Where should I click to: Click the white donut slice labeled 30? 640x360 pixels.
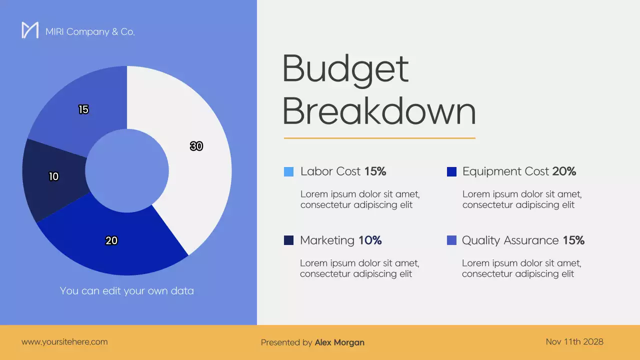[x=200, y=150]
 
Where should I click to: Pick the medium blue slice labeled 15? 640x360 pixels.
[x=83, y=110]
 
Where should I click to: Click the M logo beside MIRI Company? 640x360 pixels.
[x=30, y=30]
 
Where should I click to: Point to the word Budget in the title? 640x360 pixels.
[x=345, y=68]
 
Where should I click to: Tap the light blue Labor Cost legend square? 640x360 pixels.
[x=288, y=171]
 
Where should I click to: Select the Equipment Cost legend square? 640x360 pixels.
[x=451, y=171]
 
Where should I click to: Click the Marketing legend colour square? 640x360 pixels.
[x=288, y=240]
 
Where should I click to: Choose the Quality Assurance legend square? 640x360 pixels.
[x=451, y=240]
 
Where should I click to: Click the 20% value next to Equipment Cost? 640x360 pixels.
[x=564, y=171]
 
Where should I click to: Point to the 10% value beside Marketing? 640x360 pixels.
[x=370, y=240]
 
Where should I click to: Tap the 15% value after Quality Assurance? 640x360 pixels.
[x=573, y=240]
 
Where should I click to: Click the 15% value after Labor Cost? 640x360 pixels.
[x=375, y=171]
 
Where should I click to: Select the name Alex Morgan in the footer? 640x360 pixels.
[x=339, y=342]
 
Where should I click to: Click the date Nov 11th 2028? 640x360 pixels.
[x=574, y=342]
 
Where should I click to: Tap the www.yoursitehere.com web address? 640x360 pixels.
[x=64, y=342]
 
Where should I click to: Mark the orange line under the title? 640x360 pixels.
[x=379, y=138]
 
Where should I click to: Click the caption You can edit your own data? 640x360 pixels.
[x=127, y=290]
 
